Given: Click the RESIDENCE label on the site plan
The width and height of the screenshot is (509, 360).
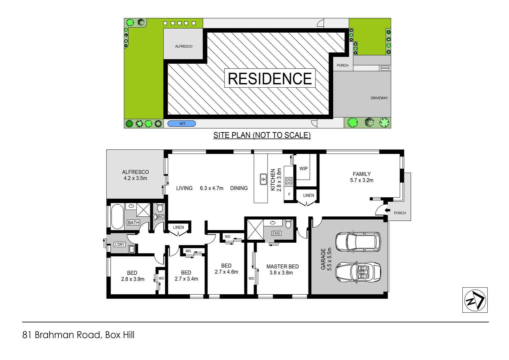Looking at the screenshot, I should pos(270,79).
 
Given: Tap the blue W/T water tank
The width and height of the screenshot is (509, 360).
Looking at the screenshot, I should pos(182,124).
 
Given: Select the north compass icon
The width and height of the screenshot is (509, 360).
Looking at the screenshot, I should pos(475,300).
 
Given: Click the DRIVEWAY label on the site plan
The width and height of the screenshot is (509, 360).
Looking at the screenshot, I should pos(379,98).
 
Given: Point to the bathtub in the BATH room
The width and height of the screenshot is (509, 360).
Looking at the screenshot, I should pos(117,216).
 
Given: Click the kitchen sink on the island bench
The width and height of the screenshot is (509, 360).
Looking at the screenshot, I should pos(263,179).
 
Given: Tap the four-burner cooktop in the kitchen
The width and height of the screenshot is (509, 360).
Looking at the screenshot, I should pos(289,181).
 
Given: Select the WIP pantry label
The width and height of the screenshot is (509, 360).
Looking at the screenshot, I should pos(303,169).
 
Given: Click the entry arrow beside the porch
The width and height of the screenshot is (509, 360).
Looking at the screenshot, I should pos(387,210).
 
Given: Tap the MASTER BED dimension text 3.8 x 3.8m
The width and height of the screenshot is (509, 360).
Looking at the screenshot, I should pos(281,273).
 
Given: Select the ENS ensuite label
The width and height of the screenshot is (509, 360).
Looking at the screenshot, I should pos(276,233).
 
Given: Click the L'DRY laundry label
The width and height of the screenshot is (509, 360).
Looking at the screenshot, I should pos(120,244).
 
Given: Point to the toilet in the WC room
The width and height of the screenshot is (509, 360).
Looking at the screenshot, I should pos(160,208).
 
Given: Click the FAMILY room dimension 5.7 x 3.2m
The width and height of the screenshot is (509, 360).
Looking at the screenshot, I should pos(362,180).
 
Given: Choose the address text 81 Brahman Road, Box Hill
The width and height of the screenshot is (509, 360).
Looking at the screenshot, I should pos(78,335).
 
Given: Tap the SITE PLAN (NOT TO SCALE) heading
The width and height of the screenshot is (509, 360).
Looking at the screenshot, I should pos(262,135).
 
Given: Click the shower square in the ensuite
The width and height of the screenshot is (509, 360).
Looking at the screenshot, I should pos(255,229).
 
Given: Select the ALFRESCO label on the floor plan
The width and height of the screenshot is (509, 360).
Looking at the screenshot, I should pos(135,172).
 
